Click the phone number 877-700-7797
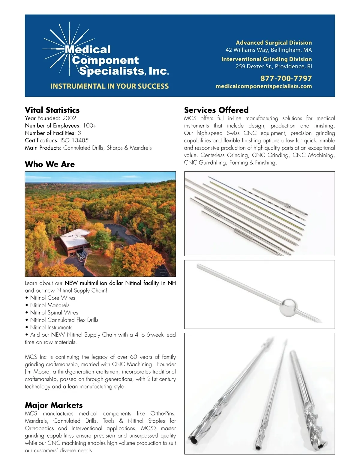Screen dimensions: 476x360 point(286,79)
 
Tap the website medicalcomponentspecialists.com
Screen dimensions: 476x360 point(264,86)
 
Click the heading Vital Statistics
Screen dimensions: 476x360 point(52,110)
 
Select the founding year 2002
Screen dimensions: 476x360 point(69,118)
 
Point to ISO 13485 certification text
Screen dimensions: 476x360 point(74,140)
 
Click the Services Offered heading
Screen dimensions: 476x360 point(216,110)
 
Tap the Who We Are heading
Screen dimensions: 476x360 point(50,164)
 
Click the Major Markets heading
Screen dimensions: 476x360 point(54,405)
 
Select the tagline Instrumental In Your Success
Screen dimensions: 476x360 point(109,86)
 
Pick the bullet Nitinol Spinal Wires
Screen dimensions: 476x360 point(54,313)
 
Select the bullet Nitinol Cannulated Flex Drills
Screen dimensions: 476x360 point(64,320)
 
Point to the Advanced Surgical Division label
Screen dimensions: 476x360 point(274,43)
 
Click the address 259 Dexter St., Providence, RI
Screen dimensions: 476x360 point(274,67)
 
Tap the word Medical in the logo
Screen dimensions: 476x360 point(88,49)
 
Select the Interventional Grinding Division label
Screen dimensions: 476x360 point(266,59)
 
